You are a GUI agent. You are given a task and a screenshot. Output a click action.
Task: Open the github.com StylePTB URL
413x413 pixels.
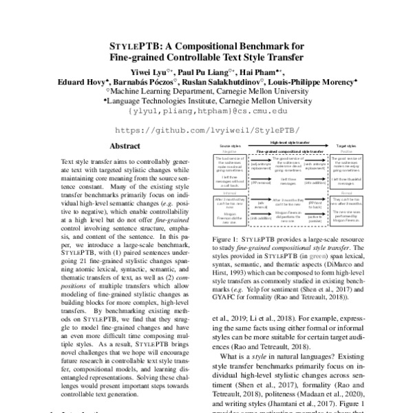(x=206, y=129)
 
